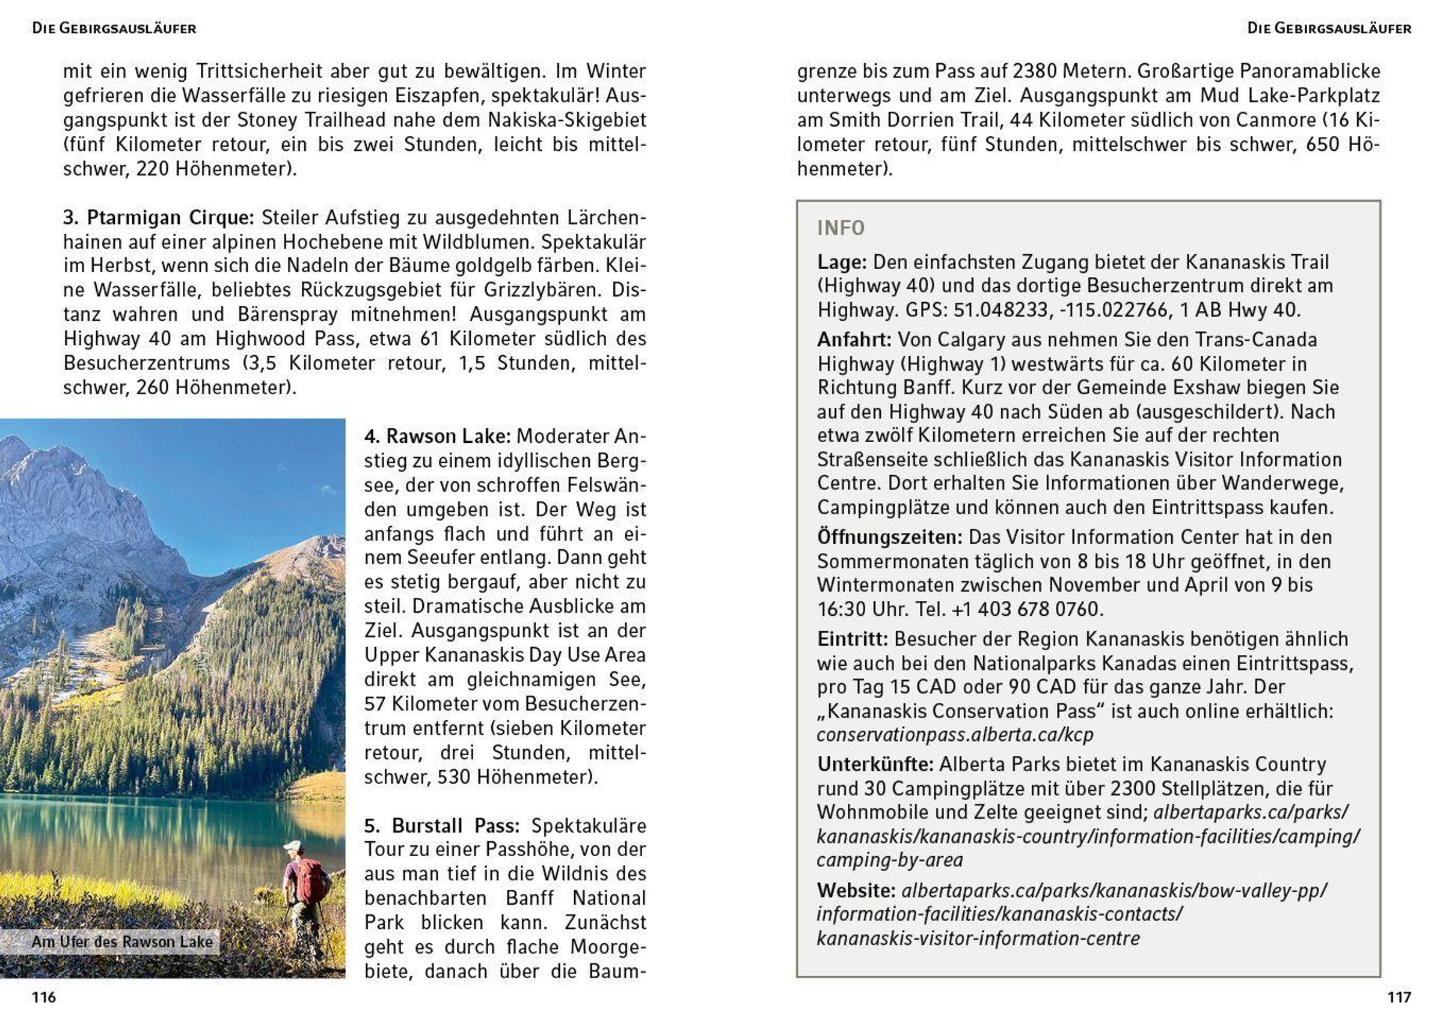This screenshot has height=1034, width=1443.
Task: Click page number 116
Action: [44, 997]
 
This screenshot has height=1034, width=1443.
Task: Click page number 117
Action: [1399, 997]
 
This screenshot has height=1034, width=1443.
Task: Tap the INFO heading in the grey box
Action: [841, 228]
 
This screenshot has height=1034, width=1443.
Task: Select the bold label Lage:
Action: [842, 262]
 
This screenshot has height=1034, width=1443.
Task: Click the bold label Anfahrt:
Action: [854, 339]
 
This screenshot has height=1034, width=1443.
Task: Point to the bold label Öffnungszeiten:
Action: [889, 537]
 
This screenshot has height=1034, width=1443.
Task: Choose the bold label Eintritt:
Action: [853, 639]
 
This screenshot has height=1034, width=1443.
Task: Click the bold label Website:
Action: [856, 890]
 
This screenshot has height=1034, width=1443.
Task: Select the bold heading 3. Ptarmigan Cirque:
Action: [158, 217]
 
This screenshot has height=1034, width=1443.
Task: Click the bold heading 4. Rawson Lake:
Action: [437, 436]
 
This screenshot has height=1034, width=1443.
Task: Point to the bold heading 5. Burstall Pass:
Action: [441, 826]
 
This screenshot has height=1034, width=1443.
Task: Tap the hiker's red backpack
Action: [310, 881]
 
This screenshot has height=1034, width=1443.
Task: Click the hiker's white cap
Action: [292, 846]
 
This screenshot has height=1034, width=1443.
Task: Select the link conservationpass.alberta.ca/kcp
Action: [954, 735]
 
